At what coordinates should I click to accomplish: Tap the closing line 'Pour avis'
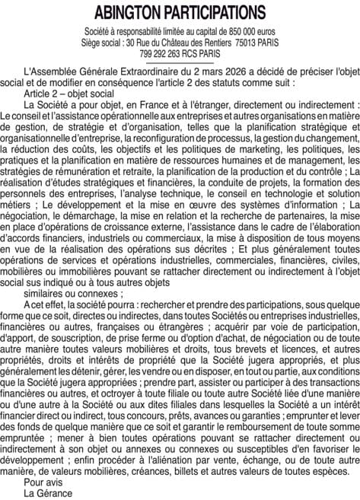(45, 481)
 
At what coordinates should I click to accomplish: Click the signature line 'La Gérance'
(49, 492)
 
